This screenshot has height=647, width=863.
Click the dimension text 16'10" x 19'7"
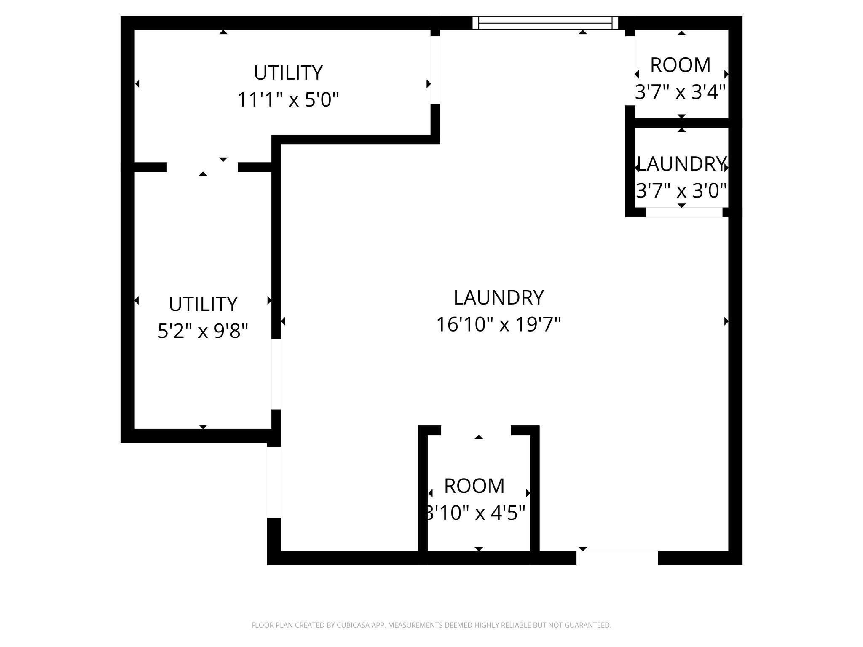(499, 325)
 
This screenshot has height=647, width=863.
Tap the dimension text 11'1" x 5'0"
(288, 100)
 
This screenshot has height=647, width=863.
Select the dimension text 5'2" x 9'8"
(203, 331)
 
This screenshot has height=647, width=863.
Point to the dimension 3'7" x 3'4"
(681, 92)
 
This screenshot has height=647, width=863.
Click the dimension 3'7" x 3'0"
(681, 191)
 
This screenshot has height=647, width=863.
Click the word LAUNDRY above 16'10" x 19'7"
(499, 298)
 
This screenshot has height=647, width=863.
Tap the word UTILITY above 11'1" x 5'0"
(288, 73)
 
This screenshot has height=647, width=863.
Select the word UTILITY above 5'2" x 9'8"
(203, 304)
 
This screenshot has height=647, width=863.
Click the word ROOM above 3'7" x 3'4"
(681, 65)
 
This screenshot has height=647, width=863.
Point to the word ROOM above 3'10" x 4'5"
(474, 486)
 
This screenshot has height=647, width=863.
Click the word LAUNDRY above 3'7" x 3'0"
(681, 164)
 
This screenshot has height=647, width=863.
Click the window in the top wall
(545, 23)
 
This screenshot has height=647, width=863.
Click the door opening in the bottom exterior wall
(617, 558)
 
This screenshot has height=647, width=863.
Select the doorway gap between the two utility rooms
(202, 167)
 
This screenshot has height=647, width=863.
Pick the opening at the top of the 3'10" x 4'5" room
(476, 430)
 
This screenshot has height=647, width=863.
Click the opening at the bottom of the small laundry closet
(684, 212)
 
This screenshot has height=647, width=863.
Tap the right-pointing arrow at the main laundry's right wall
(726, 321)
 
